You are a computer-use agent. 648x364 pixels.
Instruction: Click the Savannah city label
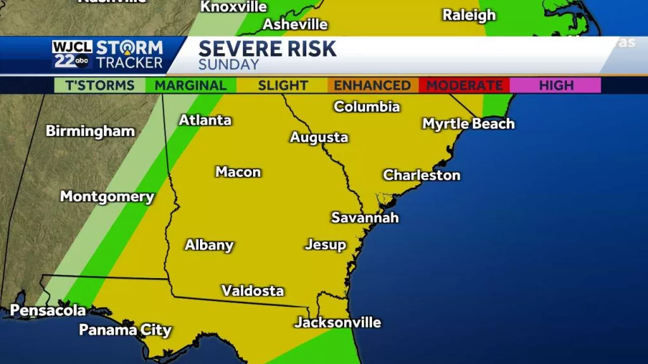click(x=365, y=217)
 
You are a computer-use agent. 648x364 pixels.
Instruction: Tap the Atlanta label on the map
click(x=205, y=120)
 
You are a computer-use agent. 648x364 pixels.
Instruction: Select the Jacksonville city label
click(x=337, y=322)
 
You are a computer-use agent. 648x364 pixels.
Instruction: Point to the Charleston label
click(x=421, y=175)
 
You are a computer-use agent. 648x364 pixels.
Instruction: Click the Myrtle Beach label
click(x=468, y=124)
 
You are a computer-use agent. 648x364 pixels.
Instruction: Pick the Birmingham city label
click(x=90, y=131)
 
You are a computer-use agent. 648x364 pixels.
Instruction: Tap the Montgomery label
click(x=107, y=197)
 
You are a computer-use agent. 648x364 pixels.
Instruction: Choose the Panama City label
click(x=125, y=330)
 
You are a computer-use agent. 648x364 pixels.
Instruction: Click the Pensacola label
click(x=48, y=310)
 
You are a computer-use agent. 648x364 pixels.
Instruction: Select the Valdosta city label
click(x=252, y=291)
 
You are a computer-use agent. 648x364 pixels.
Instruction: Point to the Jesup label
click(x=325, y=245)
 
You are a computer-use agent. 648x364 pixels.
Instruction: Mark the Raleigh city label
click(x=469, y=15)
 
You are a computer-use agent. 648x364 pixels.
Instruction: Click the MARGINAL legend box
click(x=190, y=85)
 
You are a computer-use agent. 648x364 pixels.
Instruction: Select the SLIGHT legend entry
click(x=282, y=85)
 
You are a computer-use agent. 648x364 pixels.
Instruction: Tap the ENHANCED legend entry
click(x=373, y=85)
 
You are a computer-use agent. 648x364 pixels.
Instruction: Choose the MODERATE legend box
click(x=464, y=85)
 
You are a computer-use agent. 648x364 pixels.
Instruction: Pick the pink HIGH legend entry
click(x=556, y=85)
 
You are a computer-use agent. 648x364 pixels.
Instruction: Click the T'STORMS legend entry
click(x=99, y=85)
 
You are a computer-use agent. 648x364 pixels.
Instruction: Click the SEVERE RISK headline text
click(x=267, y=49)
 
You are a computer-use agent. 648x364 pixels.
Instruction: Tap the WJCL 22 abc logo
click(x=72, y=54)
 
